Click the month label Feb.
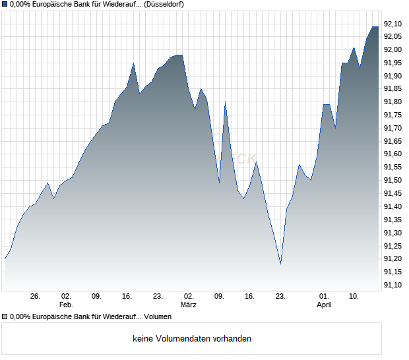pos(66,305)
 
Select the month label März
pos(189,305)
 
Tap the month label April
pos(324,305)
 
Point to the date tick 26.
pos(36,297)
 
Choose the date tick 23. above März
pos(158,297)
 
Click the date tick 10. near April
pos(354,297)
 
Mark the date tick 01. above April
pos(324,297)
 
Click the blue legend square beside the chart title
pos(5,4)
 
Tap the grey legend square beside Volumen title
pos(5,317)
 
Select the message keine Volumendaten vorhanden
pos(192,339)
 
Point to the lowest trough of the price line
pos(280,264)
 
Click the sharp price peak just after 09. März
pos(225,102)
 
